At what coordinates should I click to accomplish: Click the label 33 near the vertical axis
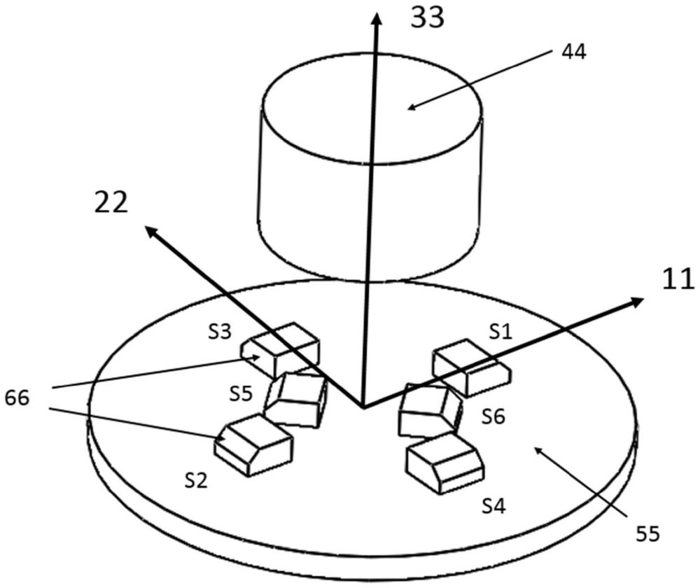pyautogui.click(x=426, y=17)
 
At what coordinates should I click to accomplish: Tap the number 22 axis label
pyautogui.click(x=111, y=202)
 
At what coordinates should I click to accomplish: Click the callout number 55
pyautogui.click(x=648, y=534)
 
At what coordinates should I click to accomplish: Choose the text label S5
pyautogui.click(x=241, y=393)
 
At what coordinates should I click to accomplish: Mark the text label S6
pyautogui.click(x=493, y=416)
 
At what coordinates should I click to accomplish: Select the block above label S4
pyautogui.click(x=445, y=462)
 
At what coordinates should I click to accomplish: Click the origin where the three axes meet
pyautogui.click(x=363, y=406)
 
